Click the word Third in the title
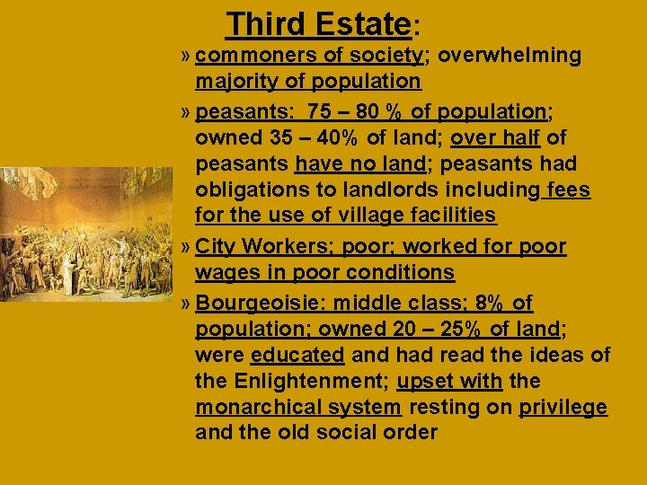pyautogui.click(x=264, y=23)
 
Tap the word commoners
pyautogui.click(x=237, y=56)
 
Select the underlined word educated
pyautogui.click(x=297, y=356)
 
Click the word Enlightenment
pyautogui.click(x=309, y=382)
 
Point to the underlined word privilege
pyautogui.click(x=563, y=408)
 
